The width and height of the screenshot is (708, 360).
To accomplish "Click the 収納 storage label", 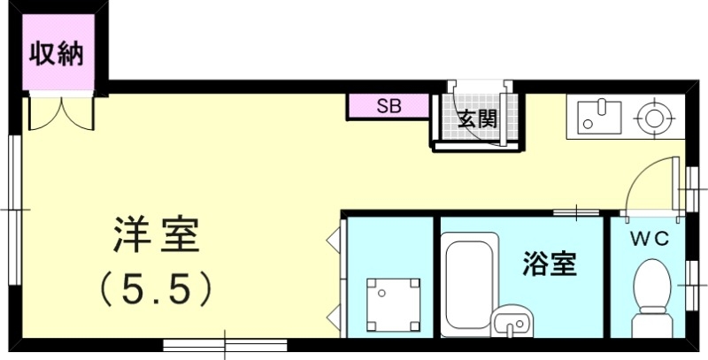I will (x=57, y=54).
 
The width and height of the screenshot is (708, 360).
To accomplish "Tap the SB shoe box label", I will (x=389, y=106).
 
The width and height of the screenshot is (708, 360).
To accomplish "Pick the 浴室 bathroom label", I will (x=550, y=263).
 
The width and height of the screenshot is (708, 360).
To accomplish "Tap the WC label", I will (x=648, y=239).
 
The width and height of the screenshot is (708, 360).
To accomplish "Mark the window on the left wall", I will (x=15, y=209).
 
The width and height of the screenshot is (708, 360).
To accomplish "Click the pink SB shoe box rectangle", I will (x=389, y=106).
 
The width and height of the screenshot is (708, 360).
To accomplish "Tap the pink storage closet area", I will (x=57, y=66).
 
